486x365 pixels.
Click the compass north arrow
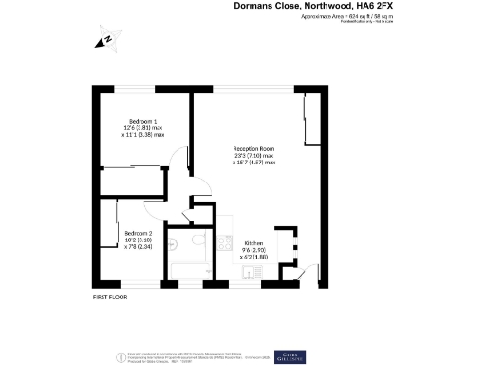(105, 39)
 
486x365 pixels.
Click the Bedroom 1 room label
(142, 121)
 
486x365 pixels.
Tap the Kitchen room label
(254, 243)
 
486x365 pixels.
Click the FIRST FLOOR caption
(109, 298)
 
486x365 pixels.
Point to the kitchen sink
(249, 273)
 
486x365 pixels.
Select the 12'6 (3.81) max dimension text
(145, 128)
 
